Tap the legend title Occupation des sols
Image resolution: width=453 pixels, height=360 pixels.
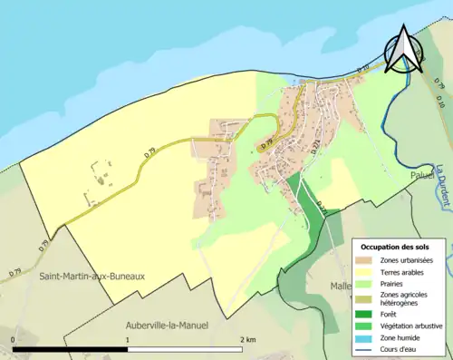click(395, 246)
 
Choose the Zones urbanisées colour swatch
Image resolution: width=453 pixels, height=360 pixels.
click(367, 260)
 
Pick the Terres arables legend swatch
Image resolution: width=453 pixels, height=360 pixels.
click(367, 271)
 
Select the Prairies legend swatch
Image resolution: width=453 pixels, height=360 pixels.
click(367, 282)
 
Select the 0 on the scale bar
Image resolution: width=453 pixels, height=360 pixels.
click(13, 339)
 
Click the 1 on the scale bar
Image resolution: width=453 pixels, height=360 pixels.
click(127, 339)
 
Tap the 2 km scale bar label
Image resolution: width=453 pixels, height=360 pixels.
click(246, 339)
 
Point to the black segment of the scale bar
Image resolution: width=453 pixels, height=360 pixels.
click(70, 349)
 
